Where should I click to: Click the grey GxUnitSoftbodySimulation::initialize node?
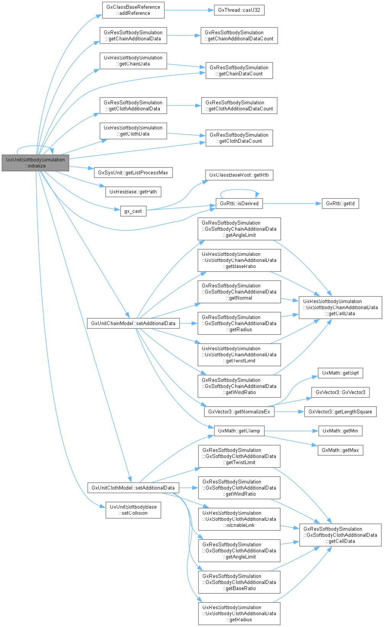click(x=35, y=163)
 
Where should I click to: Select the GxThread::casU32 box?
click(x=239, y=10)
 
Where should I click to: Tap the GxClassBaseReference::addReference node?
click(x=133, y=10)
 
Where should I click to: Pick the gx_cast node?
click(x=133, y=211)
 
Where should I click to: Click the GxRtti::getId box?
click(x=340, y=204)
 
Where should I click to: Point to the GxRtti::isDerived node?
click(x=239, y=204)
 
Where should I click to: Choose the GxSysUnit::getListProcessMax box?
click(x=133, y=173)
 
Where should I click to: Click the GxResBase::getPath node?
click(x=133, y=192)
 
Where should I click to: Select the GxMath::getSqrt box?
click(x=340, y=373)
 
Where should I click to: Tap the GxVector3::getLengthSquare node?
click(x=340, y=412)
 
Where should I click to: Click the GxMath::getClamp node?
click(x=239, y=431)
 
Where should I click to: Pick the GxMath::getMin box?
click(x=340, y=431)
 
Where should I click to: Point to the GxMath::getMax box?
click(x=340, y=450)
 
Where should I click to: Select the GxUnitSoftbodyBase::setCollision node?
click(x=133, y=510)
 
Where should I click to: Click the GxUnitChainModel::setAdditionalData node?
click(x=133, y=324)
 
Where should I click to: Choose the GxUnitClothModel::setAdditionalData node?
click(x=133, y=488)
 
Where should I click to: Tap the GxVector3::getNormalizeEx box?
click(x=239, y=412)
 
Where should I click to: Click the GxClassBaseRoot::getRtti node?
click(x=239, y=175)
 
